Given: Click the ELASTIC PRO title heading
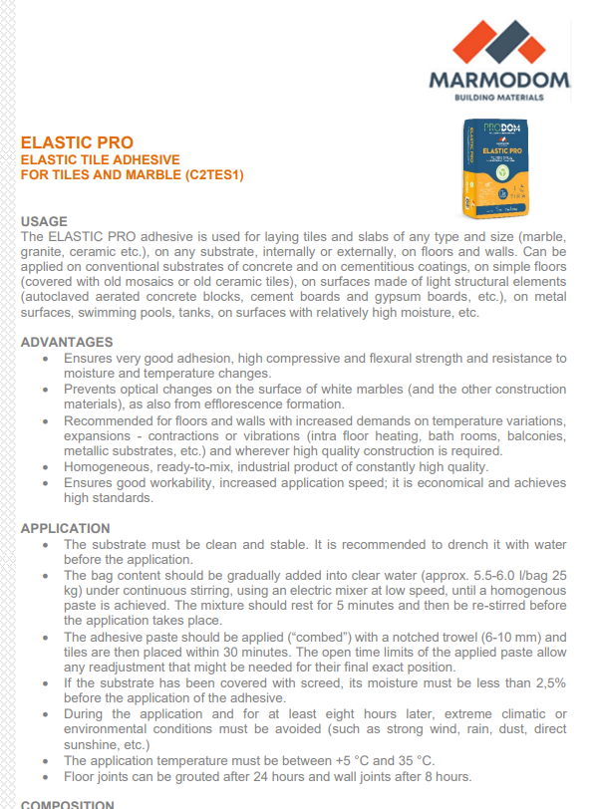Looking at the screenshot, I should (x=77, y=142).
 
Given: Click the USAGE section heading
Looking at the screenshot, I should (x=44, y=220).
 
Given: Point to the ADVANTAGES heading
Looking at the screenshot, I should (x=67, y=342).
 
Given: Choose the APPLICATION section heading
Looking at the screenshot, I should (x=66, y=528).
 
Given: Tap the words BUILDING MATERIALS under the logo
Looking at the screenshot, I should (x=498, y=98).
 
